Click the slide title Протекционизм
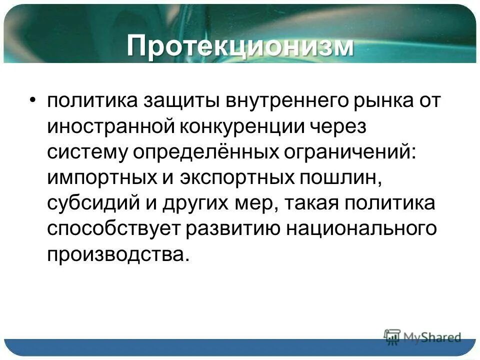point(240,46)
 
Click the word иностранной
point(108,126)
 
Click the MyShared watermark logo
point(422,336)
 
